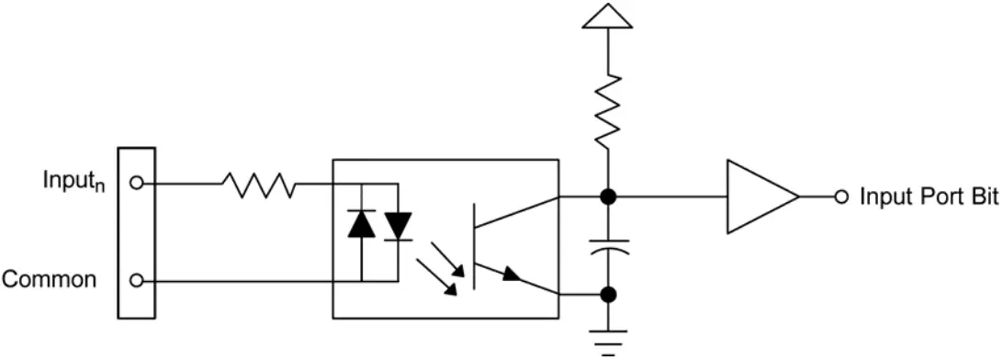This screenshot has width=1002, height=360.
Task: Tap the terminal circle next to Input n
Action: [136, 183]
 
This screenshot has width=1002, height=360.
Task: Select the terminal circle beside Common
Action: [136, 281]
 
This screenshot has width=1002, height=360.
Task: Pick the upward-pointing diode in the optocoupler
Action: [361, 225]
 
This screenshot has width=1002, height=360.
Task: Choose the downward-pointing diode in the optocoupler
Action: [398, 225]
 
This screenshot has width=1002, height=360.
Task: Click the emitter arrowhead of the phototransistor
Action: [515, 274]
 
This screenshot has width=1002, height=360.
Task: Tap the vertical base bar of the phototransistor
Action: [474, 244]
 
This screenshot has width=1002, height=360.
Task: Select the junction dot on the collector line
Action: [606, 197]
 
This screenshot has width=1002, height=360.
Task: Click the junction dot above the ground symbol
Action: [606, 295]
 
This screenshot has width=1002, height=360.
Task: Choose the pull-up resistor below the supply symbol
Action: [606, 110]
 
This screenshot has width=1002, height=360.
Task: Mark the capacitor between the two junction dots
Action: [606, 247]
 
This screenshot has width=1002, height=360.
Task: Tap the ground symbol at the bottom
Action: [606, 335]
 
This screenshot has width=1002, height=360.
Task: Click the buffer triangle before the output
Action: [758, 197]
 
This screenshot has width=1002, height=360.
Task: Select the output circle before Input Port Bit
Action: [840, 197]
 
